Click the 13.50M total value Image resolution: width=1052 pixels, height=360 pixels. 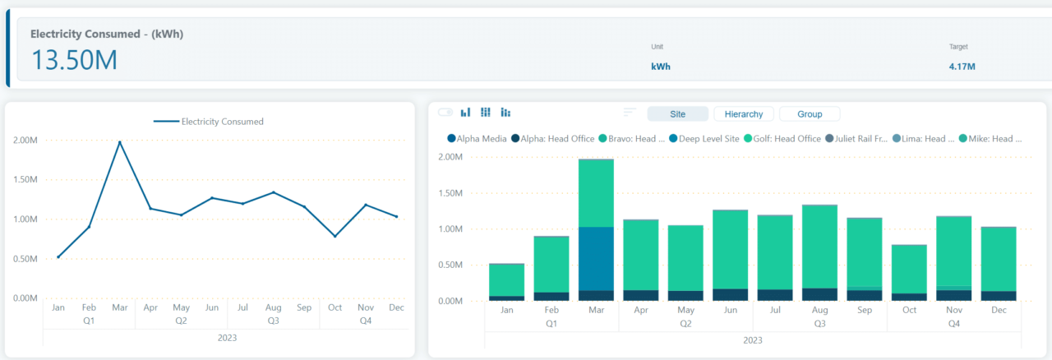(74, 59)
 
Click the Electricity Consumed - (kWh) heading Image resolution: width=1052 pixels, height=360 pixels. (107, 34)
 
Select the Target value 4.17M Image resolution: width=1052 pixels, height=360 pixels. (962, 67)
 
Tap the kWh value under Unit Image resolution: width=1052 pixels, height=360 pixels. (661, 67)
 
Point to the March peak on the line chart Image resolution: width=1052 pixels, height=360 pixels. (120, 142)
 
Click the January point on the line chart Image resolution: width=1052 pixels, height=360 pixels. (58, 256)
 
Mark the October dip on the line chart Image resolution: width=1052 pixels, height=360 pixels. (335, 236)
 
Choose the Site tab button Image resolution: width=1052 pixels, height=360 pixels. (677, 114)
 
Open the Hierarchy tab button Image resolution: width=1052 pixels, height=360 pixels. (744, 114)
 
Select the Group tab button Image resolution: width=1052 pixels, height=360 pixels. (809, 114)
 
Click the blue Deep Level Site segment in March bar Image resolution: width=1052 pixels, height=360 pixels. (596, 258)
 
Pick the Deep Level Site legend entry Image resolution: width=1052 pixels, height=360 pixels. (708, 139)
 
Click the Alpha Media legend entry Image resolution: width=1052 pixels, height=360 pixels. (477, 139)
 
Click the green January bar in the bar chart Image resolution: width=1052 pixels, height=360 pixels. (506, 279)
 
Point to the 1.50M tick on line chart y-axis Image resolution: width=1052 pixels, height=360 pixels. (25, 180)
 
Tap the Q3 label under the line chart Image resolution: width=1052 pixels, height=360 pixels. (273, 320)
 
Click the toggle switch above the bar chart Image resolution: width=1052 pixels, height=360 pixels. (445, 112)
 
